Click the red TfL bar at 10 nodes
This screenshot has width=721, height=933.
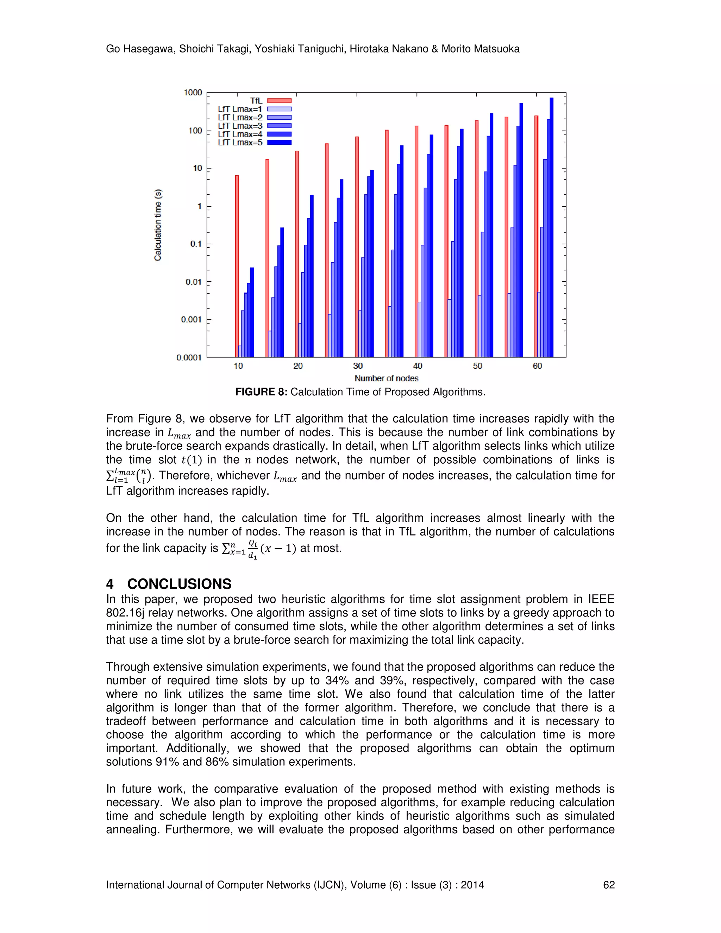(237, 266)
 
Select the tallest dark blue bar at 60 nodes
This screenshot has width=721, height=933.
(551, 227)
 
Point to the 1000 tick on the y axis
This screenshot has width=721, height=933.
(193, 93)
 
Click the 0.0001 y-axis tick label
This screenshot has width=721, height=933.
(189, 358)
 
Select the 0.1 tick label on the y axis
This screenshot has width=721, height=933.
(196, 244)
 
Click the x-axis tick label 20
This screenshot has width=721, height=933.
(298, 366)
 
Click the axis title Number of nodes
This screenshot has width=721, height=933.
(386, 378)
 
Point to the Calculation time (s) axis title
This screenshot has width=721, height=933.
(158, 225)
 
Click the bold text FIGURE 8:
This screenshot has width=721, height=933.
(261, 392)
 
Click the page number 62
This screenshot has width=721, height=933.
(608, 885)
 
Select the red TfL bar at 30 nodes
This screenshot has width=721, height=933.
(357, 246)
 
